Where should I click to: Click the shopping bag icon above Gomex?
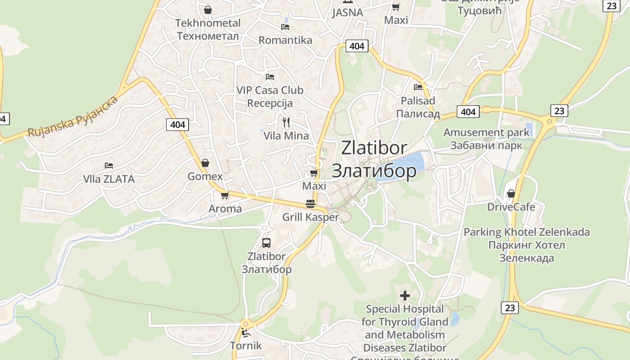(x=205, y=162)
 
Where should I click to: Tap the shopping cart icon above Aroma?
(x=225, y=195)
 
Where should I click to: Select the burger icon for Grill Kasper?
(x=310, y=204)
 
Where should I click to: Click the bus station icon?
(x=266, y=243)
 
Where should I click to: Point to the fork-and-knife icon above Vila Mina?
(x=286, y=121)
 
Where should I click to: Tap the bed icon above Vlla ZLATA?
(x=108, y=166)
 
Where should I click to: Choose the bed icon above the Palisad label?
(x=418, y=87)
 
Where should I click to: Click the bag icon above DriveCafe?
(x=511, y=193)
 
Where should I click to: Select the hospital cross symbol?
(x=405, y=296)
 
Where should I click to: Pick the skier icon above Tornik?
(x=246, y=333)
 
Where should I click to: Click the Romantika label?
(x=285, y=40)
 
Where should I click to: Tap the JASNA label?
(x=347, y=13)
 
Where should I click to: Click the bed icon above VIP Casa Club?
(x=270, y=77)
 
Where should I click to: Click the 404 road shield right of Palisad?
(x=468, y=112)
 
